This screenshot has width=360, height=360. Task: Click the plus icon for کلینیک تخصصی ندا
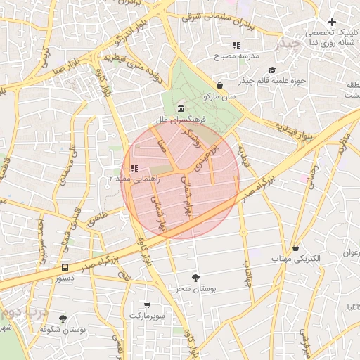[332, 22]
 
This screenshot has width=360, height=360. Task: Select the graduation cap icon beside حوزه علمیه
[272, 70]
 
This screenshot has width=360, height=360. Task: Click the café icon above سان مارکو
[220, 85]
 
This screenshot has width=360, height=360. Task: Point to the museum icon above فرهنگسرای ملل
[181, 109]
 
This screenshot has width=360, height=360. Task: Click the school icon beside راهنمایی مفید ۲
[134, 168]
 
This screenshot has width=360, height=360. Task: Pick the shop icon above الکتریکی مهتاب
[295, 247]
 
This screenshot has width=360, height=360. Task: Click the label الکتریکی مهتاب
[296, 259]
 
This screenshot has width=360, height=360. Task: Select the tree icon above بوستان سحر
[195, 278]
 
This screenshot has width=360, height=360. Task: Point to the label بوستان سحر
[195, 289]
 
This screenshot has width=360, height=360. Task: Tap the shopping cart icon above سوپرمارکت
[146, 305]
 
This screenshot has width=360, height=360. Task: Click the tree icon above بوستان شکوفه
[63, 318]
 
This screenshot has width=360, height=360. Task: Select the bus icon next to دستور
[65, 267]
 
